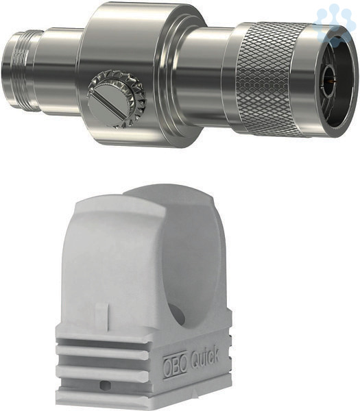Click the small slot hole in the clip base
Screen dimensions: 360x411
[105, 385]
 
